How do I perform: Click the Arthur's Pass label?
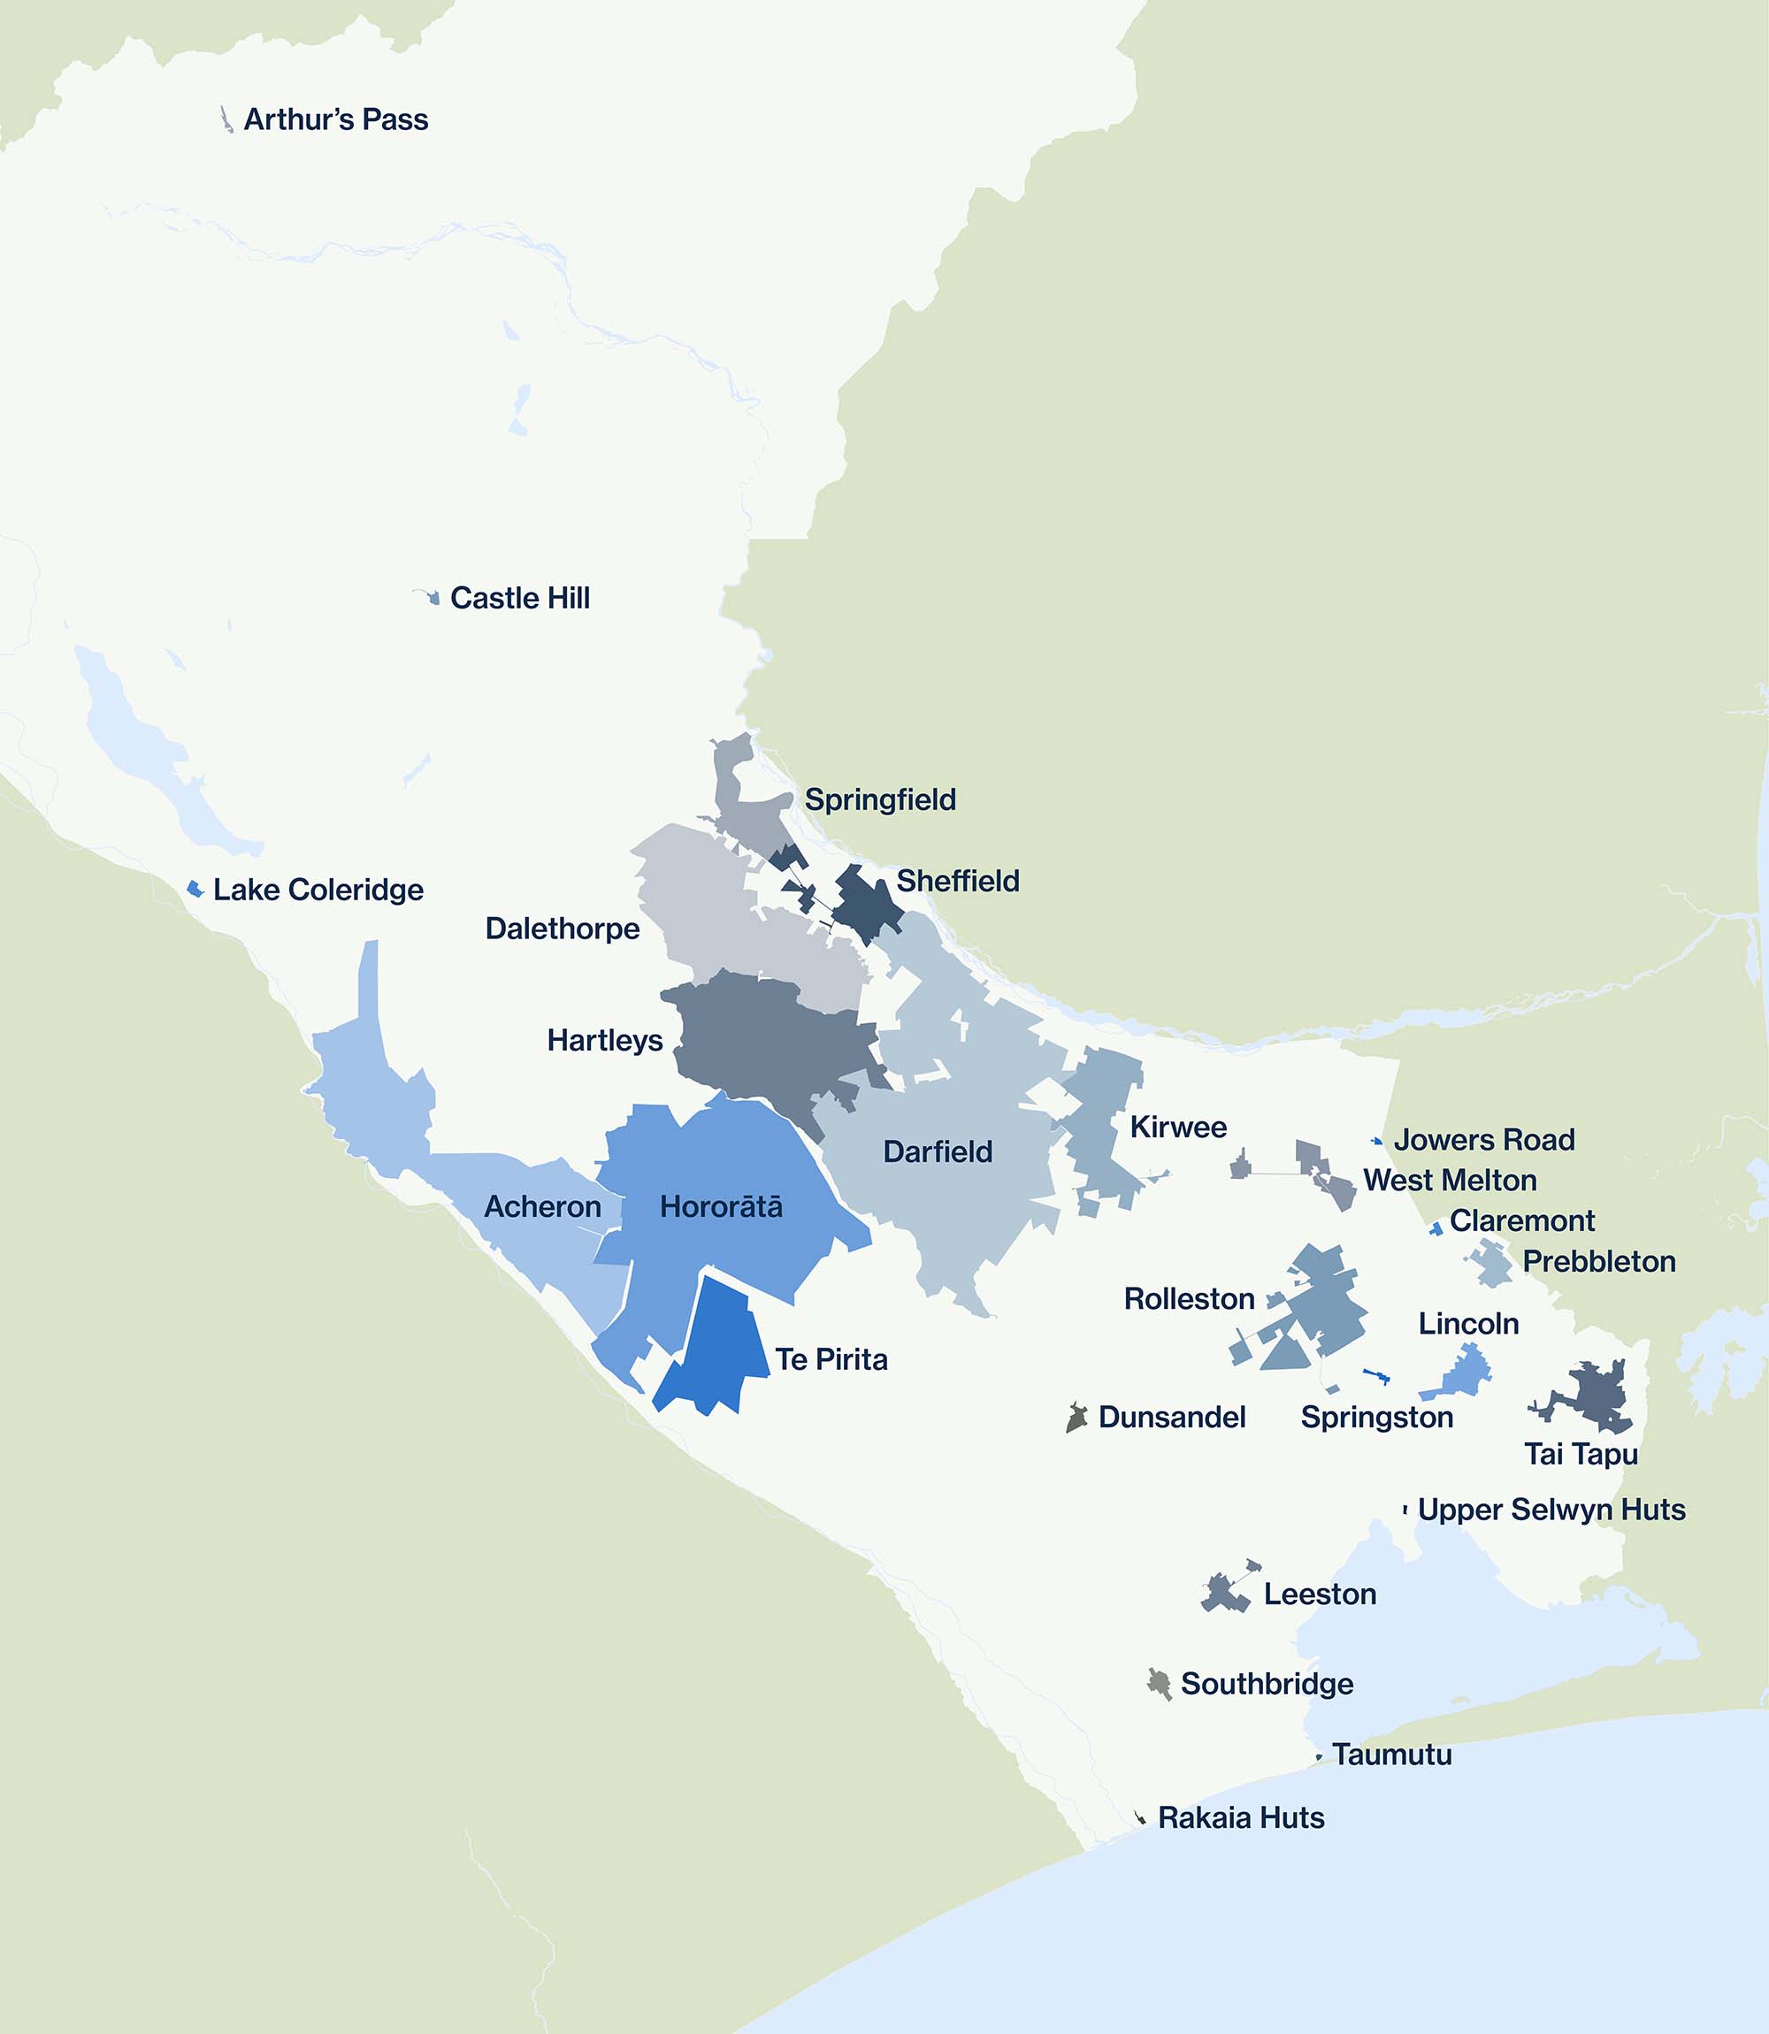click(335, 119)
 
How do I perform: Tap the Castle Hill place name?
click(519, 598)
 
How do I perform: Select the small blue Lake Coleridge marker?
click(195, 889)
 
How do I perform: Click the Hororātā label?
click(721, 1207)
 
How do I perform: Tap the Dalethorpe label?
click(562, 929)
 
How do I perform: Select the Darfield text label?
click(937, 1151)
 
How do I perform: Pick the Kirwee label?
click(1177, 1127)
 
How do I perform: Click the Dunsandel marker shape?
click(1076, 1418)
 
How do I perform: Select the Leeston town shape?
click(1223, 1592)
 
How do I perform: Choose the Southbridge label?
click(1267, 1684)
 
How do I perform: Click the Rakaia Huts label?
click(1241, 1818)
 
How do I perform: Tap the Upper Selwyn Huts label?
click(1551, 1510)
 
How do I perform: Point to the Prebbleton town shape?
click(1491, 1263)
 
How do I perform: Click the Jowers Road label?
click(1483, 1140)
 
